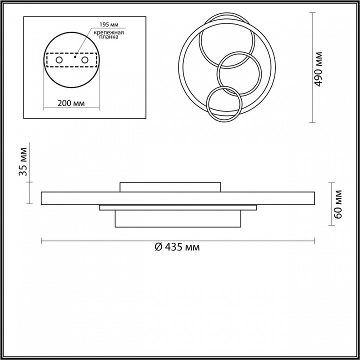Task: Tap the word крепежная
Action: (x=108, y=32)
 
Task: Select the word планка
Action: (x=109, y=37)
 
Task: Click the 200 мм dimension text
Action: (x=71, y=103)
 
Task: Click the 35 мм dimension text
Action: (x=23, y=162)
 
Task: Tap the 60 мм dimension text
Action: (x=337, y=204)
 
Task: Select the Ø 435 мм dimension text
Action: (x=177, y=247)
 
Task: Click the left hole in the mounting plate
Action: (x=59, y=60)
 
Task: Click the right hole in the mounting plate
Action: (x=84, y=60)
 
